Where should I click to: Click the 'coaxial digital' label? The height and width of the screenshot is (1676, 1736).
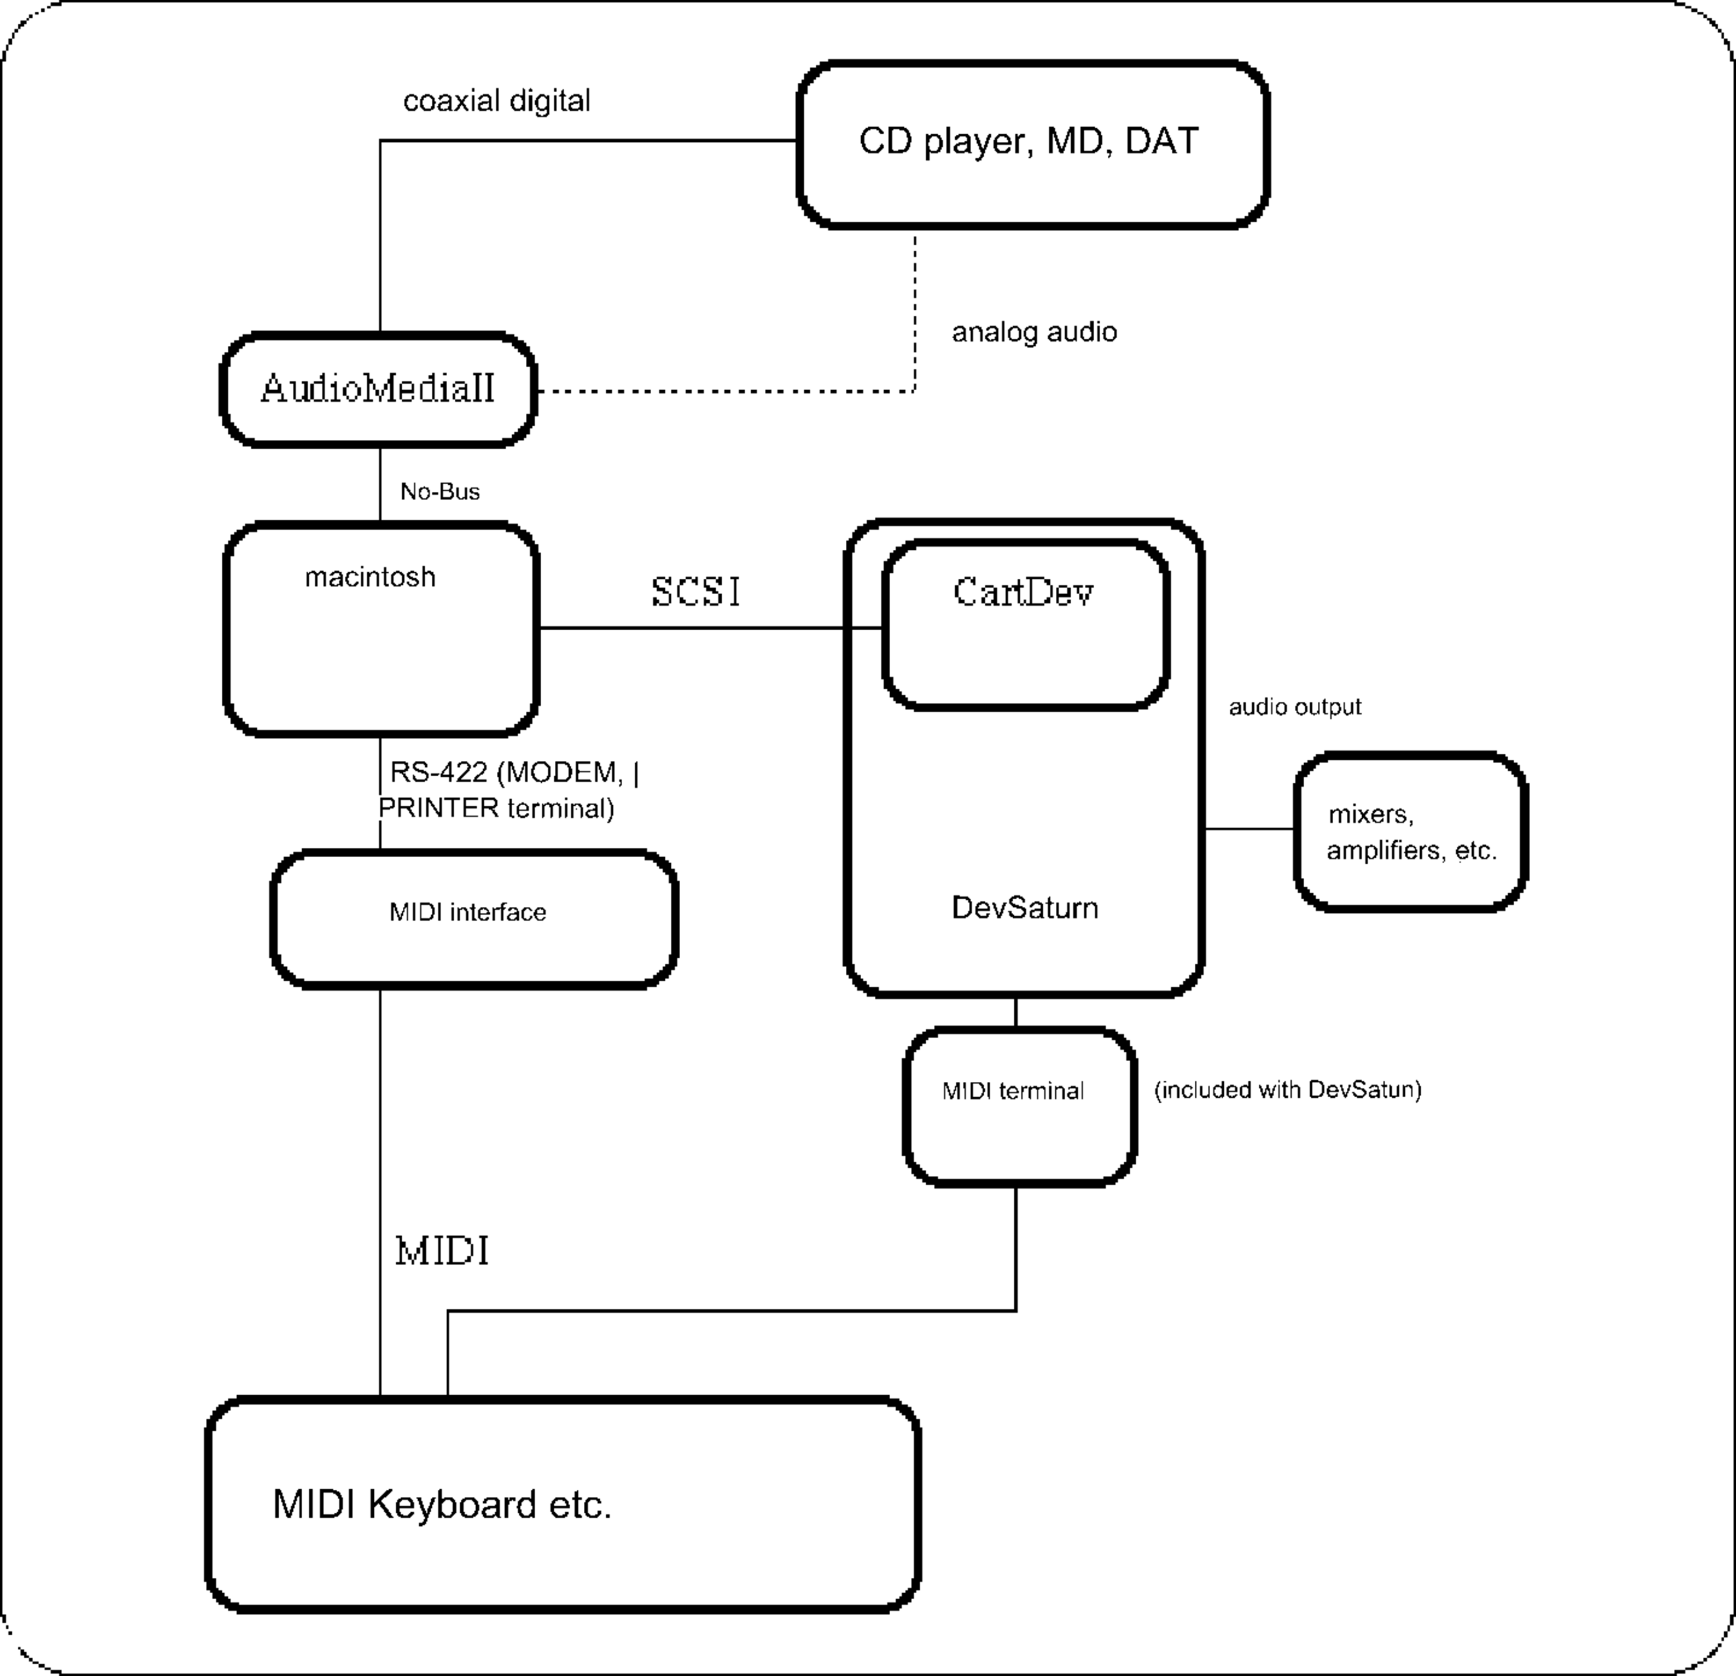(x=497, y=101)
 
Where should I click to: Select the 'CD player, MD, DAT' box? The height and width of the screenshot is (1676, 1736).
(x=1033, y=144)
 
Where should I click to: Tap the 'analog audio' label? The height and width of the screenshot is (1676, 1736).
(x=1034, y=332)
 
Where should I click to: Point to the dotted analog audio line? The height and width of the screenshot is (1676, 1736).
(x=726, y=390)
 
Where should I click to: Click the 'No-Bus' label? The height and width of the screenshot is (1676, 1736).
(x=439, y=491)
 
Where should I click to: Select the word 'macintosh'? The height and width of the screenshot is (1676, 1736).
(x=370, y=577)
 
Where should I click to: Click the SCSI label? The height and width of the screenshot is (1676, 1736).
(x=696, y=592)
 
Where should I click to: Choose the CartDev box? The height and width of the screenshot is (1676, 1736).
(x=1026, y=625)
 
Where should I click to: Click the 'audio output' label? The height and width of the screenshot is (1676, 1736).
(x=1295, y=706)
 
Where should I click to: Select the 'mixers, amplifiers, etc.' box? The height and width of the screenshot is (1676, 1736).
(x=1411, y=832)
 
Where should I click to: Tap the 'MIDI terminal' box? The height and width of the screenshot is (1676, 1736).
(x=1020, y=1106)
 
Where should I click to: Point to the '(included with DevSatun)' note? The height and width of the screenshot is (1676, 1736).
(x=1288, y=1090)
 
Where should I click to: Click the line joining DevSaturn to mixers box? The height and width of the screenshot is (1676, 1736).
(x=1249, y=829)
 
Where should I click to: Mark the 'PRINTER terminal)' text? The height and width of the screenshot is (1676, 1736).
(x=497, y=808)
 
